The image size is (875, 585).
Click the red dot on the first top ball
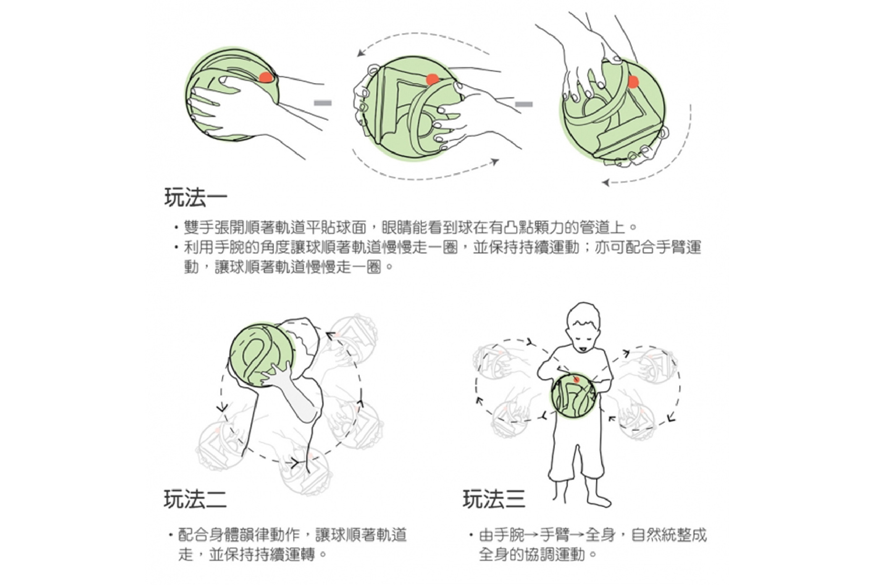tap(266, 77)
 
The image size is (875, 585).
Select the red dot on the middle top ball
tap(432, 79)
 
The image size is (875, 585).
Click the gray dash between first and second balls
tap(323, 103)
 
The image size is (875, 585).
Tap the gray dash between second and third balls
tap(524, 104)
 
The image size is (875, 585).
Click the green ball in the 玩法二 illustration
tap(263, 355)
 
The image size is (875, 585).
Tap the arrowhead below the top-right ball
tap(606, 182)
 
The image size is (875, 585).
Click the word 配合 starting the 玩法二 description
tap(193, 535)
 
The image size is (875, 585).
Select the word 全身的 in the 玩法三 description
tap(502, 555)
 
